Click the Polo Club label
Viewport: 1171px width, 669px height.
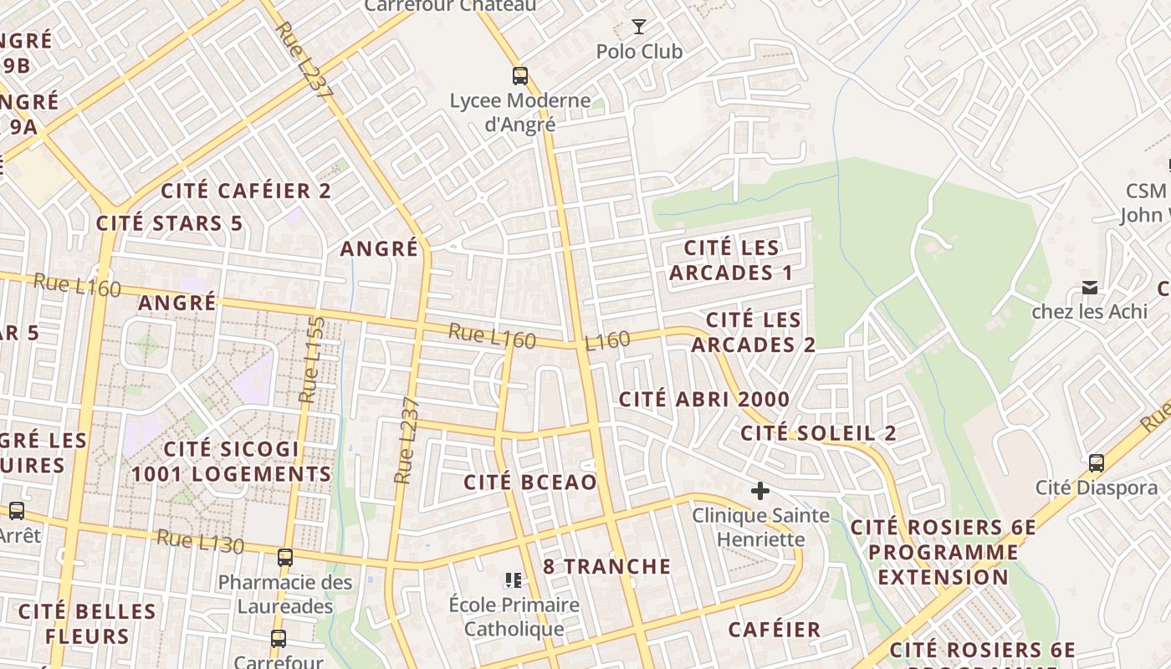coord(639,52)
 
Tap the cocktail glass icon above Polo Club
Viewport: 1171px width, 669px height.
coord(639,27)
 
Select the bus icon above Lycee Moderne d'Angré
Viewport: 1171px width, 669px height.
coord(520,76)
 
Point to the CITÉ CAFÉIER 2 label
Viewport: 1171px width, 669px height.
coord(246,191)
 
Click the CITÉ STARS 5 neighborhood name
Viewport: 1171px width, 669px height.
coord(169,223)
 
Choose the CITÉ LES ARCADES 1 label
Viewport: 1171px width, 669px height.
coord(731,260)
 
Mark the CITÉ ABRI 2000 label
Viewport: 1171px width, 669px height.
coord(704,400)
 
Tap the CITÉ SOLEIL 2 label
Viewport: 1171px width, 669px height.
coord(818,433)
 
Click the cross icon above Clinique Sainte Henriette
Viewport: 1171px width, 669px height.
coord(760,491)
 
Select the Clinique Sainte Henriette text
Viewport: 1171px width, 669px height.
coord(760,527)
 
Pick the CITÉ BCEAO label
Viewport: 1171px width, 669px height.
coord(530,483)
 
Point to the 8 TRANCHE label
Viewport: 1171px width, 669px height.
coord(606,566)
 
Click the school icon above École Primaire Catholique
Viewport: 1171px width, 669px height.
coord(514,580)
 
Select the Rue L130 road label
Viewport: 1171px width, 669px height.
coord(200,541)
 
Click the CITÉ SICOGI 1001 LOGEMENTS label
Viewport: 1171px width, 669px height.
coord(231,462)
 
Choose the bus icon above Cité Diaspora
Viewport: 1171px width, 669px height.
coord(1096,462)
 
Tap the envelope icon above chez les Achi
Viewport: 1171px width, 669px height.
coord(1089,288)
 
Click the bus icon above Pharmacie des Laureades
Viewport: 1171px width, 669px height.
coord(285,557)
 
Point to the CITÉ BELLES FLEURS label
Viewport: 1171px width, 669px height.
coord(87,624)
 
